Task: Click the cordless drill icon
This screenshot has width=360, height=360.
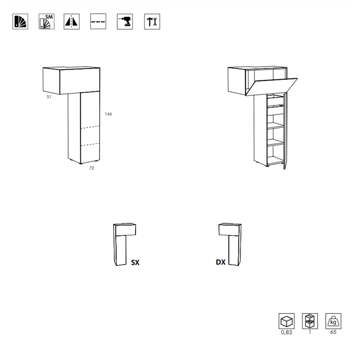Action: tap(125, 21)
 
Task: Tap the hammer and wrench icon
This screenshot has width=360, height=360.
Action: tap(152, 21)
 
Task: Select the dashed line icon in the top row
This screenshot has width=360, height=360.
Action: tap(98, 21)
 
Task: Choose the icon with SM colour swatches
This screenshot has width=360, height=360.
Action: tap(46, 21)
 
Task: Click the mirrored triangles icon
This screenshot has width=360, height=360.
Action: tap(72, 21)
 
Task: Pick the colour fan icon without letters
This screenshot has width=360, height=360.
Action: tap(20, 21)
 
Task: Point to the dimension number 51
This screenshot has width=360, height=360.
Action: tap(49, 97)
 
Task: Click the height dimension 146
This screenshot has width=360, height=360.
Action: tap(108, 114)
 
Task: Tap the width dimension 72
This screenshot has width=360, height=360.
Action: tap(91, 168)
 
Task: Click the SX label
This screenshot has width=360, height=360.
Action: tap(135, 262)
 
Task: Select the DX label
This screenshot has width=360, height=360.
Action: tap(221, 262)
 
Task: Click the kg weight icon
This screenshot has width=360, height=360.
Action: tap(333, 321)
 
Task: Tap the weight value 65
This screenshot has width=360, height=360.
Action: tap(333, 332)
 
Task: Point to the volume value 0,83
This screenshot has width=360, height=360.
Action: tap(287, 332)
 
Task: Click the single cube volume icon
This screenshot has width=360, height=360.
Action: tap(287, 321)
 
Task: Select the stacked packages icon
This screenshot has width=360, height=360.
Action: tap(310, 321)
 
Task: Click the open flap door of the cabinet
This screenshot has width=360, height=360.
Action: tap(271, 87)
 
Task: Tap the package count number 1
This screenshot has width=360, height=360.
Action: tap(310, 332)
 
